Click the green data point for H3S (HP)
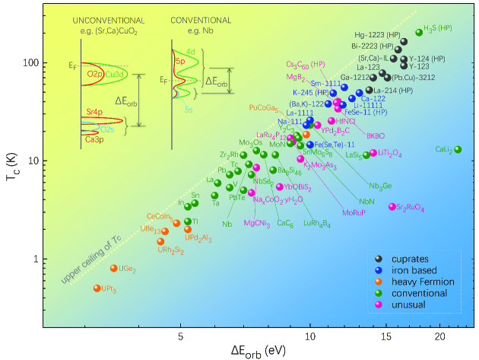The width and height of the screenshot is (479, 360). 419,33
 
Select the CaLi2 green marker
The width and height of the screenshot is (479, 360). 458,149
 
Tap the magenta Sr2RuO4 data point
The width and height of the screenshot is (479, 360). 392,206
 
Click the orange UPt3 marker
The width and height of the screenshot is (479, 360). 97,288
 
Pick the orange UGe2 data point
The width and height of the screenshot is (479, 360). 114,268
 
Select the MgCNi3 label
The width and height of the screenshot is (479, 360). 258,223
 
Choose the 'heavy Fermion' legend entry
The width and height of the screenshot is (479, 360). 417,282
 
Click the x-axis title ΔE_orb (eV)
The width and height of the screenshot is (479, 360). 259,351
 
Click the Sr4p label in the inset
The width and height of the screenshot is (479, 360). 94,111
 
